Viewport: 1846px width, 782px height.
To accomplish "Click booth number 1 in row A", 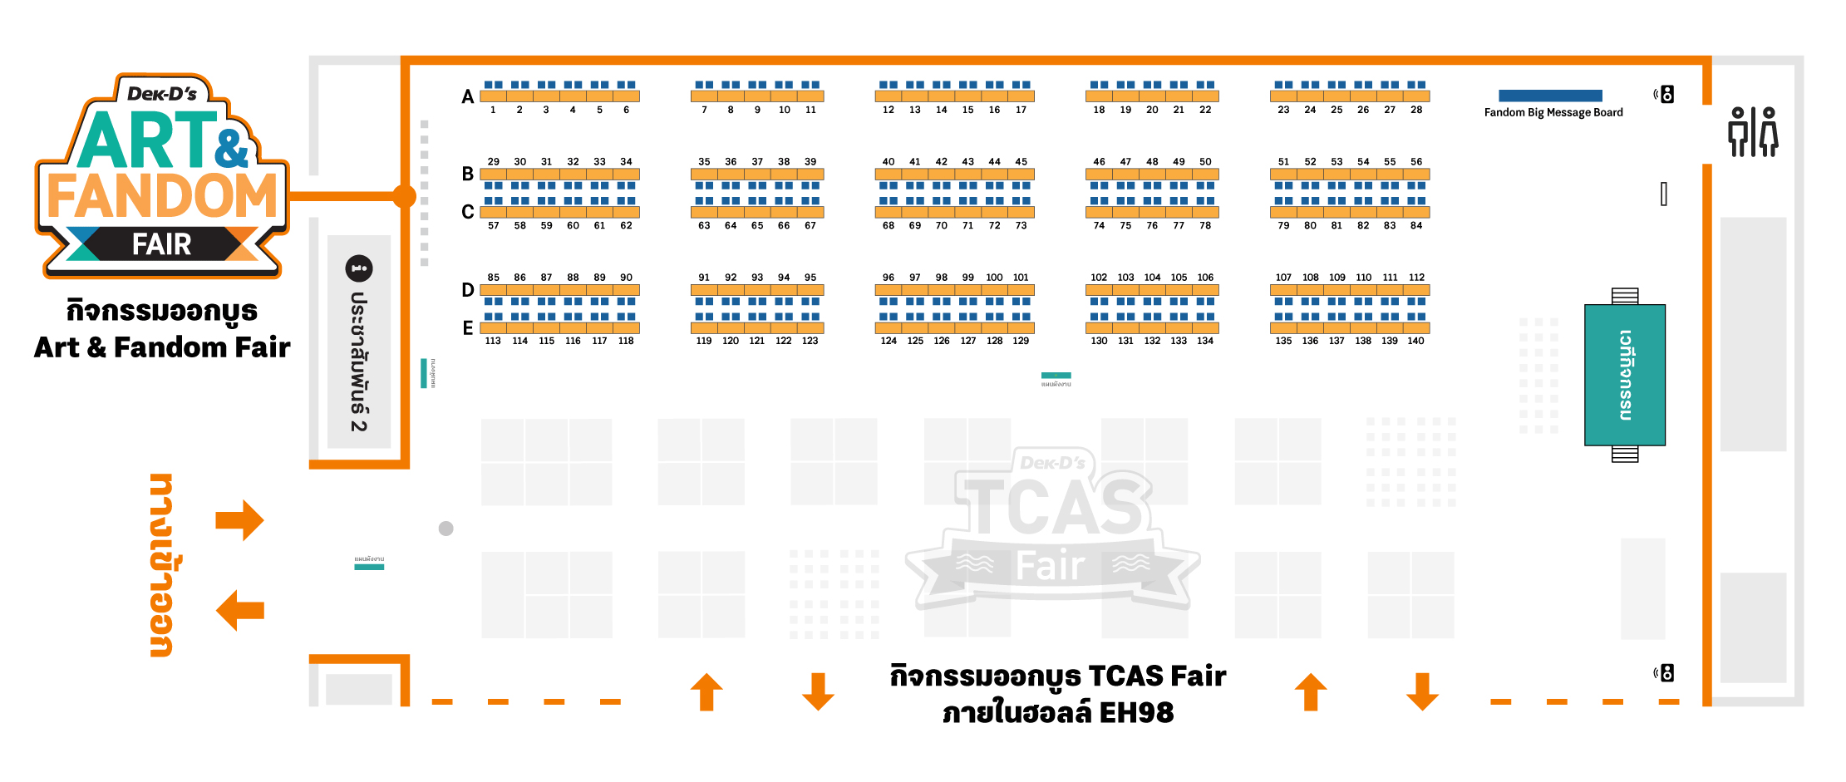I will coord(493,110).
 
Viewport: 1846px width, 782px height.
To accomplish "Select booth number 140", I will coord(1415,341).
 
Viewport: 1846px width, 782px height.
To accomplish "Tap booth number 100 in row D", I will coord(994,278).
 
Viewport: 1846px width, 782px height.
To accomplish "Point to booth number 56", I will coord(1416,162).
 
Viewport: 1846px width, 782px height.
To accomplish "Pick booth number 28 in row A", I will coord(1416,110).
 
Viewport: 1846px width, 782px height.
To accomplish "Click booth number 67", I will coord(810,225).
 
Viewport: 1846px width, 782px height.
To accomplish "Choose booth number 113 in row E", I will coord(493,341).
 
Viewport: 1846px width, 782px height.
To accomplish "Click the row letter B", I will coord(468,175).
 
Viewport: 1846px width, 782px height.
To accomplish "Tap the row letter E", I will coord(468,328).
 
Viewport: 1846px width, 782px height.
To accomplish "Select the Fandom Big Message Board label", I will coord(1553,113).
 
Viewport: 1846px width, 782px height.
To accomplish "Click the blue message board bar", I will coord(1550,96).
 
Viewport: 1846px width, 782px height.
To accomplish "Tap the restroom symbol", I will coord(1753,132).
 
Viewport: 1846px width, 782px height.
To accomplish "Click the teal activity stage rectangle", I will coord(1624,375).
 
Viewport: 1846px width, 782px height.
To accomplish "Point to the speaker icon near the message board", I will coord(1665,95).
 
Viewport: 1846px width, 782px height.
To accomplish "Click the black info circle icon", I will coord(359,268).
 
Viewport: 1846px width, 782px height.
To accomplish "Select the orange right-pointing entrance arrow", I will coord(239,520).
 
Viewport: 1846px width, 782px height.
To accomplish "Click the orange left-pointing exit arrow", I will coord(239,611).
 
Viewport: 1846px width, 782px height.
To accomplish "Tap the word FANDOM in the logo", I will coord(162,196).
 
